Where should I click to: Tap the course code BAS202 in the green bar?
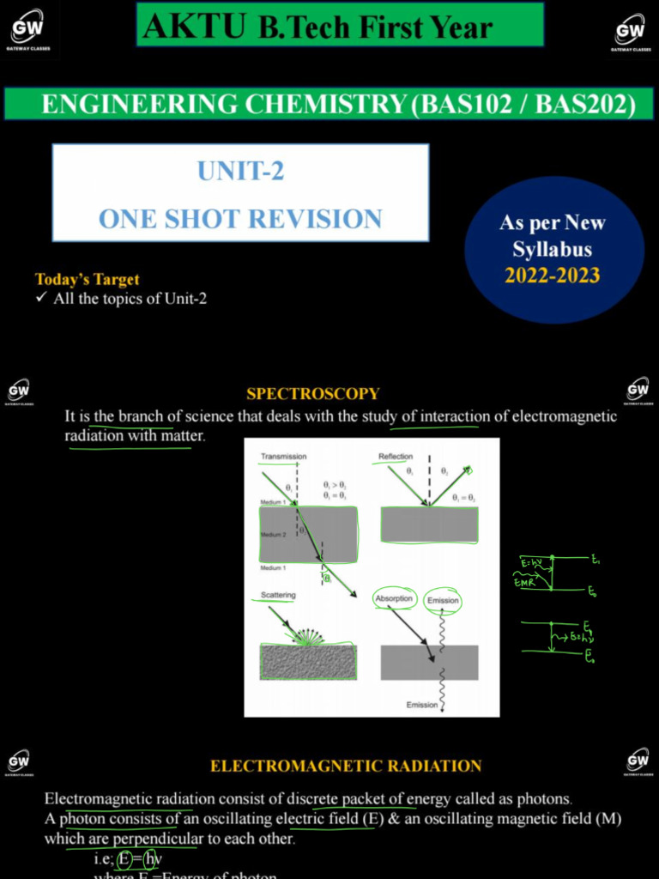584,104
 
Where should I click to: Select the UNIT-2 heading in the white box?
240,172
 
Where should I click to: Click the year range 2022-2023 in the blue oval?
552,276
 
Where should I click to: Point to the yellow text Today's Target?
88,279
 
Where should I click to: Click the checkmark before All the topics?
40,299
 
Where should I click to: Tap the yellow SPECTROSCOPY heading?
312,394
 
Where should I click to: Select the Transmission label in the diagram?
283,457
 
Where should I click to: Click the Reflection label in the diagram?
396,457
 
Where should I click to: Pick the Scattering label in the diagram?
278,595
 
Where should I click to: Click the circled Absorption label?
394,598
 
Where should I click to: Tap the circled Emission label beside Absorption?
443,601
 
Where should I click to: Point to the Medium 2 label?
274,534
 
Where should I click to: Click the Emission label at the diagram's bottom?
421,705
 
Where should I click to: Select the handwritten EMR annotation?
525,583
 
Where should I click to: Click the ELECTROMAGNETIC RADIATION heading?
346,766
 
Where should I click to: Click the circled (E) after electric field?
373,819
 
